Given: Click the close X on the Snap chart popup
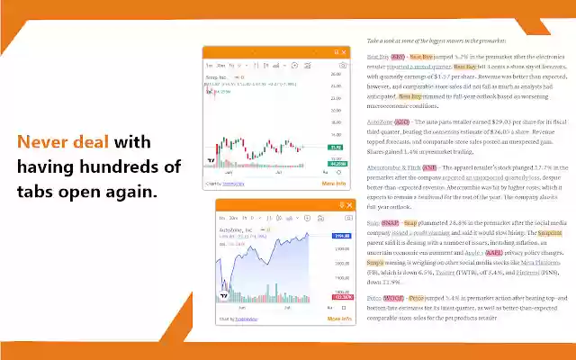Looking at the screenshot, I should coord(344,52).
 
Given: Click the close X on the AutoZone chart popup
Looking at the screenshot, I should coord(347,205).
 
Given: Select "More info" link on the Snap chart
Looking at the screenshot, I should coord(334,183).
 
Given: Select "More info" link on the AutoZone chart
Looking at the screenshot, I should coord(339,319).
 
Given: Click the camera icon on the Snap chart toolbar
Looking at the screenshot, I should coord(342,65).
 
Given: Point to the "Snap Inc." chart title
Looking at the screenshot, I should coord(220,78).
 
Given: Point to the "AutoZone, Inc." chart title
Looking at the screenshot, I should coord(237,230).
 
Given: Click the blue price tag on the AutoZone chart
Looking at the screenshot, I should coord(340,235).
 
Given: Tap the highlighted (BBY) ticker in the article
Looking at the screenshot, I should coord(398,56).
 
